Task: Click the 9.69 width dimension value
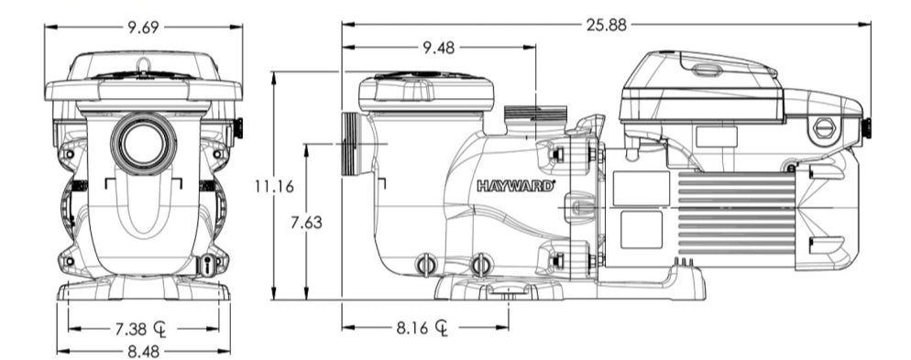pos(142,27)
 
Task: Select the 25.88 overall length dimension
pos(606,25)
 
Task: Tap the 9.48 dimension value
pos(438,48)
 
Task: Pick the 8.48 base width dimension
pos(142,349)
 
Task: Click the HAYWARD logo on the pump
pos(515,185)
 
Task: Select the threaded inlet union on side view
pos(353,144)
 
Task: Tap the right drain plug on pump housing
pos(481,265)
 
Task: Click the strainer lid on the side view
pos(426,89)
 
